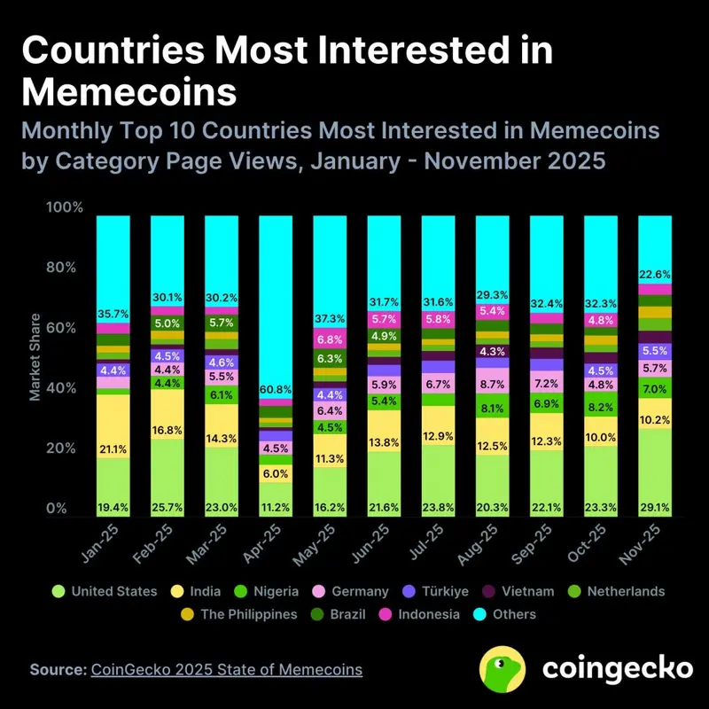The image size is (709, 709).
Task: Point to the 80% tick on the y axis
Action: click(65, 268)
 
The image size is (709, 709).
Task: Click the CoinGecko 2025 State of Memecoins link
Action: click(226, 669)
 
